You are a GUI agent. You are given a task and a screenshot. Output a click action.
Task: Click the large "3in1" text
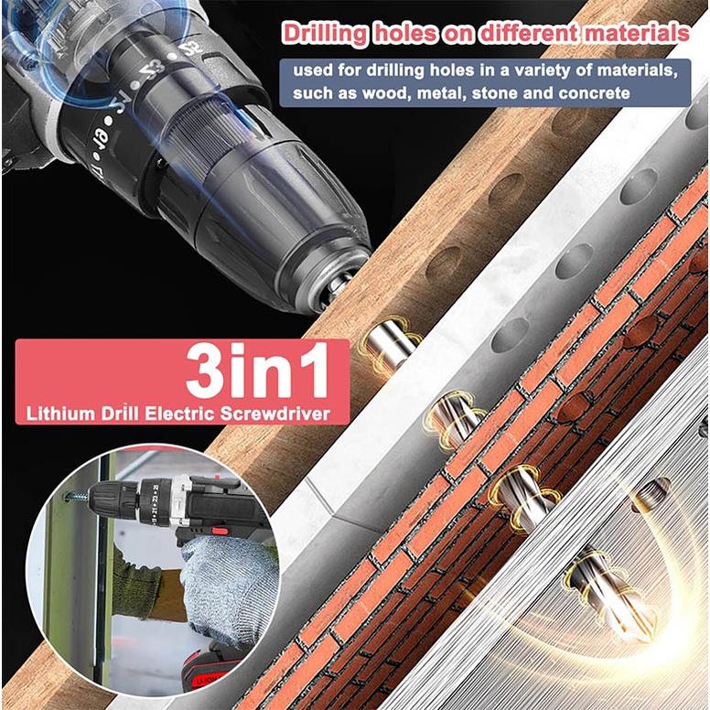point(257,371)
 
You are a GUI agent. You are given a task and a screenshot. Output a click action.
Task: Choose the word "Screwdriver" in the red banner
point(275,414)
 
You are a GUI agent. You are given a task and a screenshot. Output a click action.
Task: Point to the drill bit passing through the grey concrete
point(454,420)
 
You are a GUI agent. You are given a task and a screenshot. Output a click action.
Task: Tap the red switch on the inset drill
point(220,531)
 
